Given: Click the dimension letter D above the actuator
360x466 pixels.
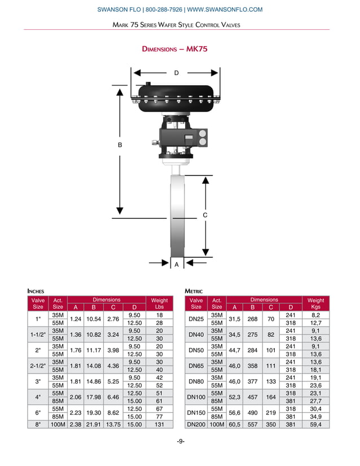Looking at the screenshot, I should (x=176, y=73).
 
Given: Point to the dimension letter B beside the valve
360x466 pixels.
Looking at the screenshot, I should (x=120, y=145).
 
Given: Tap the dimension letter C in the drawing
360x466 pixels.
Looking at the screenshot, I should (x=205, y=216).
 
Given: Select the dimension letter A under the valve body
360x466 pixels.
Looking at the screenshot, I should (x=176, y=264).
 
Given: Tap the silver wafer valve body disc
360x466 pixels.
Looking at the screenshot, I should (x=177, y=214).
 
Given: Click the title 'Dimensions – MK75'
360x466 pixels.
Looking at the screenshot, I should (x=175, y=49).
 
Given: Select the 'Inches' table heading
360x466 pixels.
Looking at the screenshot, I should (x=36, y=291).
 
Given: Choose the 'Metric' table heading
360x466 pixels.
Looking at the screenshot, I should (x=194, y=291).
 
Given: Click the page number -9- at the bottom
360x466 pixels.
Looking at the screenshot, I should (x=181, y=441).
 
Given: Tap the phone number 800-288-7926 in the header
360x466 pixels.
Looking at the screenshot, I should (x=164, y=10).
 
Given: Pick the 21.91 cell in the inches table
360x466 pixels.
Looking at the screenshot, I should (x=94, y=424).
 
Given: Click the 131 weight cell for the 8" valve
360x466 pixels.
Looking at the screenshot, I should (x=159, y=424).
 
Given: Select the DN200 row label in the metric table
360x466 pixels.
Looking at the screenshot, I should (x=196, y=424).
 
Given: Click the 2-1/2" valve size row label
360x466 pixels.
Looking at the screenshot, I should (x=38, y=366).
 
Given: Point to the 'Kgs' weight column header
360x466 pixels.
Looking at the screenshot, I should (x=315, y=307).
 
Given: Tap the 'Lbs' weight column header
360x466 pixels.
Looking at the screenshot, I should (x=159, y=307).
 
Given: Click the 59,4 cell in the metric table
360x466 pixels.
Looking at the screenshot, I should (x=315, y=424).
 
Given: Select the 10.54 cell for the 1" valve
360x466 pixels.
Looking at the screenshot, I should (x=94, y=318).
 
